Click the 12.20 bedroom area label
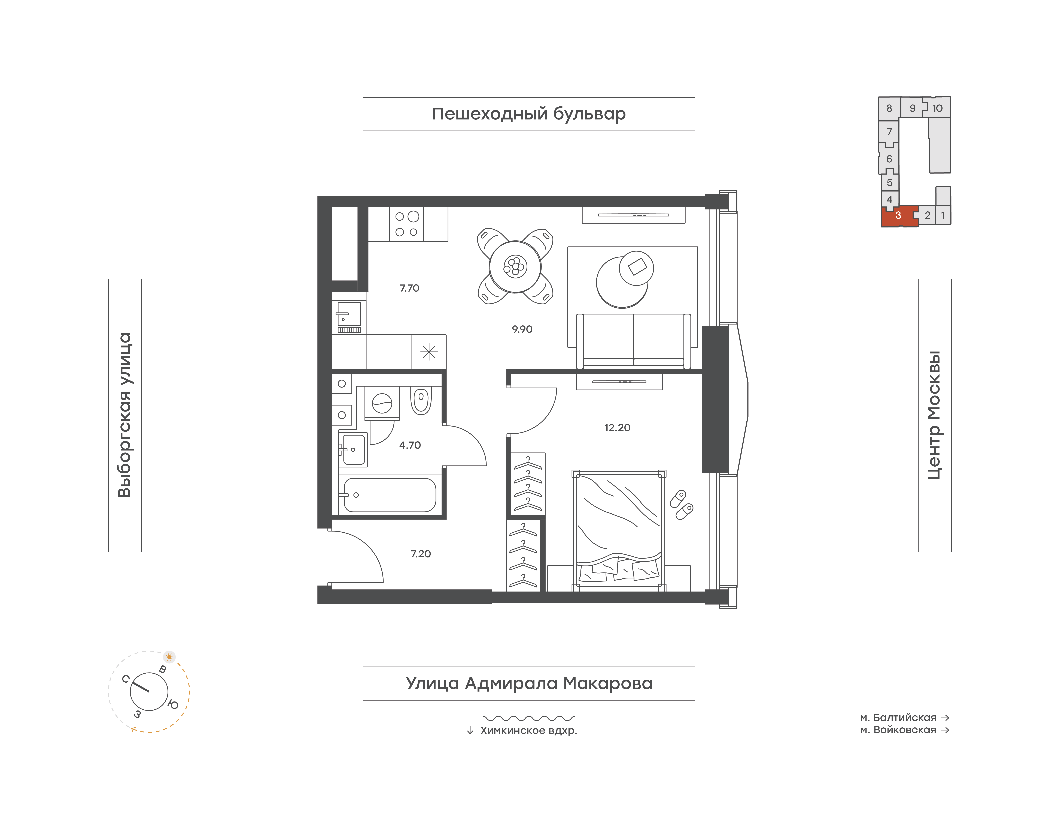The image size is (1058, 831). pyautogui.click(x=617, y=428)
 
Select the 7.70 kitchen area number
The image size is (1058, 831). pyautogui.click(x=409, y=288)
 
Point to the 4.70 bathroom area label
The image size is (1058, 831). pyautogui.click(x=410, y=445)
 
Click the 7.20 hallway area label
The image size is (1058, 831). pyautogui.click(x=421, y=554)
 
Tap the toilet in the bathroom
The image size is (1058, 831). pyautogui.click(x=421, y=400)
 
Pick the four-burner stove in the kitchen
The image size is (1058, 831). pyautogui.click(x=406, y=224)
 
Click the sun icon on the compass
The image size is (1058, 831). pyautogui.click(x=169, y=657)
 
